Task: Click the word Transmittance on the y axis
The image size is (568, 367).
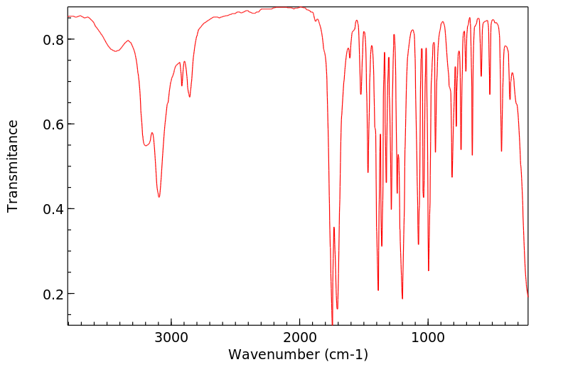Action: [x=13, y=166]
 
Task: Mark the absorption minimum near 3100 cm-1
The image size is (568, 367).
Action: [x=159, y=197]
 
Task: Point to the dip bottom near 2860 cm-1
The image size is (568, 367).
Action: [x=189, y=97]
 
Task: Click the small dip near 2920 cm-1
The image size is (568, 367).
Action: [x=181, y=85]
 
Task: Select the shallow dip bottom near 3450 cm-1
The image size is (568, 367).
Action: [x=116, y=51]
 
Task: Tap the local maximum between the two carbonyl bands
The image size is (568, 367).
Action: [x=333, y=228]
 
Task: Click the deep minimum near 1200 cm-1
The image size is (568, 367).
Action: [x=402, y=299]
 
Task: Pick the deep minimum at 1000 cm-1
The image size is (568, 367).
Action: [x=428, y=270]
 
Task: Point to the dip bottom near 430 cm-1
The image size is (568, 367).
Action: [x=501, y=151]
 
